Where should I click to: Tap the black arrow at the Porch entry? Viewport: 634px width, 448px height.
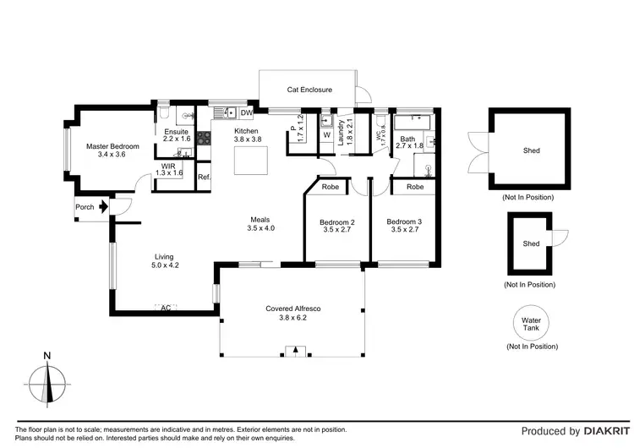coord(103,206)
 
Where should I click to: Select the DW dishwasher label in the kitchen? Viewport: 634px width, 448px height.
coord(247,112)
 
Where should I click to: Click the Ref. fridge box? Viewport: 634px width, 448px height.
coord(204,178)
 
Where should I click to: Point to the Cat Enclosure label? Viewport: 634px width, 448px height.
coord(309,89)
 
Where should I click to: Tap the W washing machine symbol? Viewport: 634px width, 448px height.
coord(327,135)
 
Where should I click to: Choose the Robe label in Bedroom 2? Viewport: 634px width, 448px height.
coord(331,186)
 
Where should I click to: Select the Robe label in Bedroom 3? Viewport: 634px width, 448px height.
coord(414,186)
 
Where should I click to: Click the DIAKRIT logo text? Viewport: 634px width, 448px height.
coord(594,431)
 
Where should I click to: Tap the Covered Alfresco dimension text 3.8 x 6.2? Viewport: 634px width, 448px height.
coord(292,318)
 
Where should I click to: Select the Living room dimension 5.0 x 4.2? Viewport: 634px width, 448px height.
coord(166,265)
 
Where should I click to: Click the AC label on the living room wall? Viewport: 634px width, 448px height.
coord(166,308)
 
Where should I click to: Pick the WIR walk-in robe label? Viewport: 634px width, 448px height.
coord(169,167)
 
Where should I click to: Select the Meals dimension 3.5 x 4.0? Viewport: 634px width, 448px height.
coord(261,228)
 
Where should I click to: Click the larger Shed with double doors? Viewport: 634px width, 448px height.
coord(531,151)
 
